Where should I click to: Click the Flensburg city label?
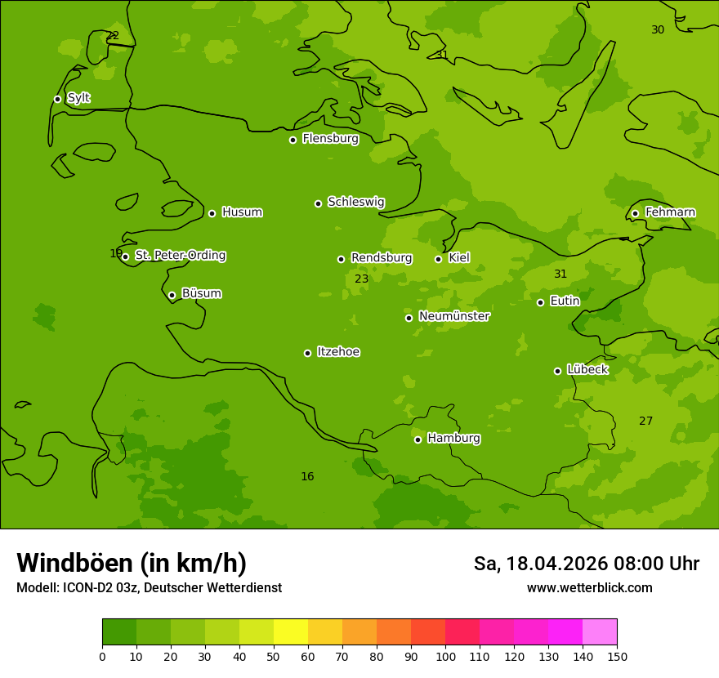click(330, 139)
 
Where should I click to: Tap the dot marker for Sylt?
click(57, 99)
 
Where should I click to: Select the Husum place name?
click(242, 212)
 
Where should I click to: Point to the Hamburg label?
click(453, 439)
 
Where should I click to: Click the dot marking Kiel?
click(438, 259)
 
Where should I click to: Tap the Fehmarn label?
click(670, 212)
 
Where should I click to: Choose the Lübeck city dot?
click(557, 371)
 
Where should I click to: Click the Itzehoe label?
click(338, 352)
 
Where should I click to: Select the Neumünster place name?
click(454, 316)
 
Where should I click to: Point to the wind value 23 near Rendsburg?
click(361, 279)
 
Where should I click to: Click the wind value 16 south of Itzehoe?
click(307, 477)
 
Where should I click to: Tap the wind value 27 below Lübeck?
click(645, 422)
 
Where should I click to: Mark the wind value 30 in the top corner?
click(658, 30)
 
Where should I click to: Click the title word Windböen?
click(74, 563)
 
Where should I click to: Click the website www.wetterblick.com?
click(589, 588)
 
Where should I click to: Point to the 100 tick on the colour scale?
click(445, 657)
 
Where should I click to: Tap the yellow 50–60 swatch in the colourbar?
click(291, 632)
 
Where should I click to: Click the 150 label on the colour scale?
click(617, 657)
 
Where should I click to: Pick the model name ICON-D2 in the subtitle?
click(88, 588)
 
